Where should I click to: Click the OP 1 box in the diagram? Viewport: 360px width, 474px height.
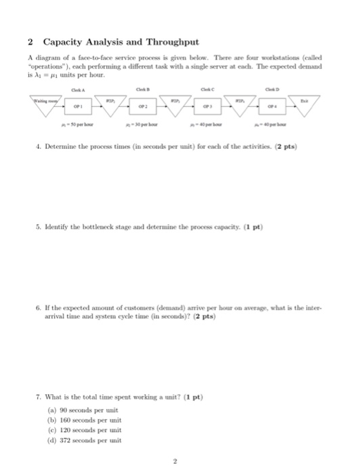[78, 105]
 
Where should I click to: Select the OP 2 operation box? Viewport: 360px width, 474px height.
[143, 105]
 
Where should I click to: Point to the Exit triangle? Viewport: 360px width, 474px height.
[311, 102]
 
